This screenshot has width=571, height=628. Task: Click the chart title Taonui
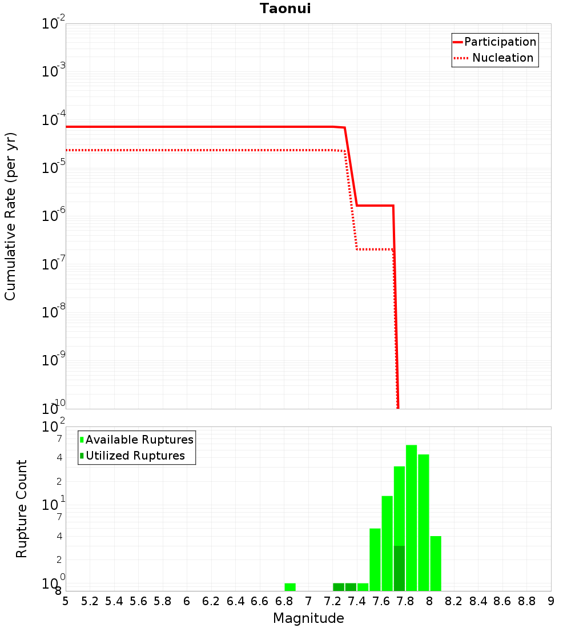285,9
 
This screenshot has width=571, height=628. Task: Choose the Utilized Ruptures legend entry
135,456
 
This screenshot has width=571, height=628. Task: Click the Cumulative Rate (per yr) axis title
10,216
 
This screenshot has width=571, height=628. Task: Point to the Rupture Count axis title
22,509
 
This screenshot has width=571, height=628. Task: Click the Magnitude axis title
308,618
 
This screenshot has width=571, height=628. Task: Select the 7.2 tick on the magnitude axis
332,601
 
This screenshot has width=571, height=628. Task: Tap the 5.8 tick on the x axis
163,601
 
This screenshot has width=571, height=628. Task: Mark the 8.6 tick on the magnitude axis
502,601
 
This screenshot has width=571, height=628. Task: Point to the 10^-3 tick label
54,71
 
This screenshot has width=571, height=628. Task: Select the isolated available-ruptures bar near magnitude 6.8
290,587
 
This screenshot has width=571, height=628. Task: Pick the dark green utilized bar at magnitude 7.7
399,568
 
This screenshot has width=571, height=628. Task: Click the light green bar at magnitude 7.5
375,559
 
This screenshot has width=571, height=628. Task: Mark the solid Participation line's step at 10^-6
375,206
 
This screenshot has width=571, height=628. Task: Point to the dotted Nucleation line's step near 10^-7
375,249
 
